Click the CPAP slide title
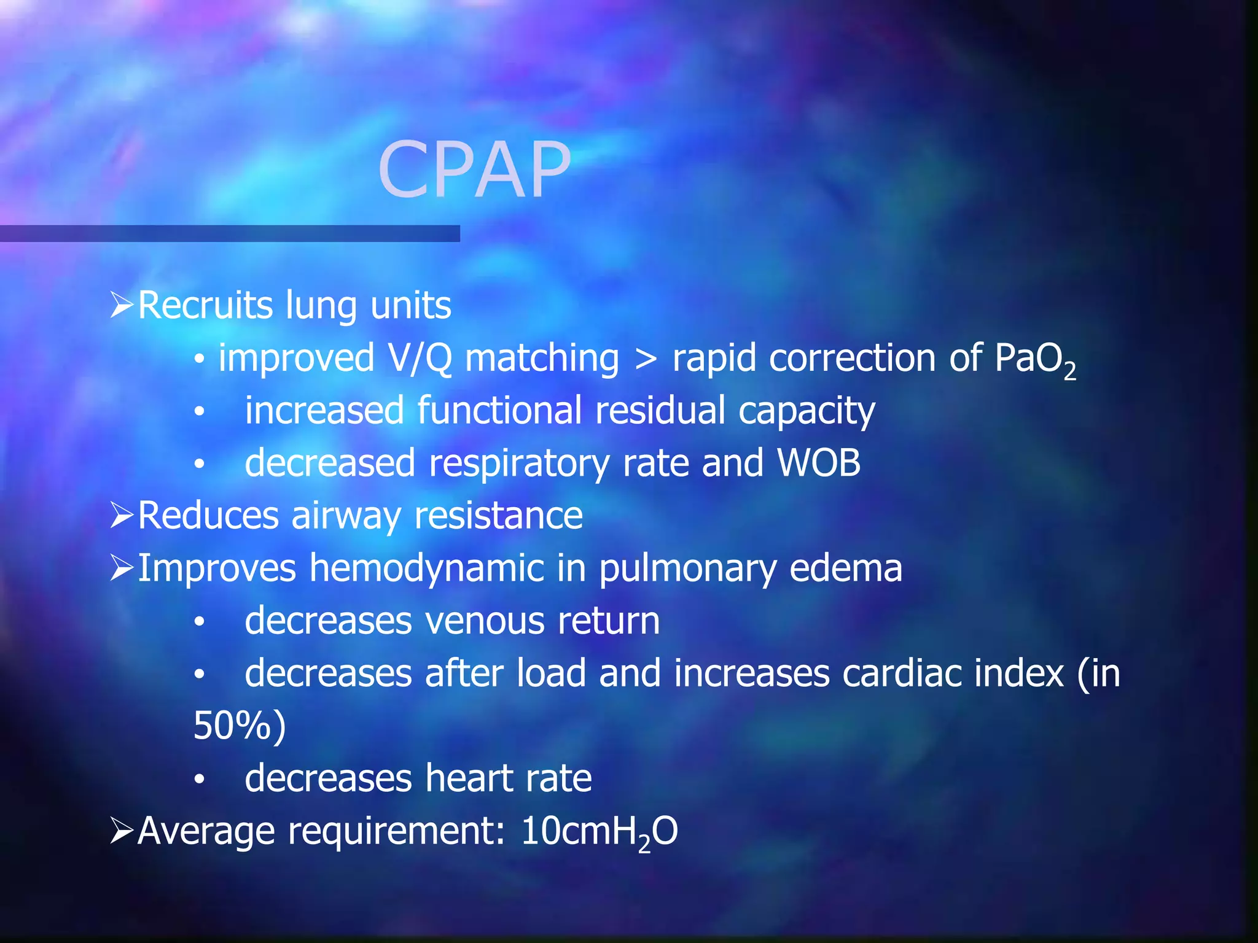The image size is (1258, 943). tap(474, 170)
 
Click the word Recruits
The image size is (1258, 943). tap(205, 305)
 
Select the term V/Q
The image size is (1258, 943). tap(420, 358)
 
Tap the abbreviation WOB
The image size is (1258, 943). tap(819, 463)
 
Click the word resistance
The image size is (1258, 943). tap(498, 515)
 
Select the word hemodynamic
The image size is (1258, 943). tap(426, 568)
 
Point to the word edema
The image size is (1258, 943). tap(845, 568)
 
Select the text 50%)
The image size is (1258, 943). tap(240, 726)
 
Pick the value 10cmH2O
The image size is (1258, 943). tap(599, 832)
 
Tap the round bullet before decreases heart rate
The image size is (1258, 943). tap(199, 779)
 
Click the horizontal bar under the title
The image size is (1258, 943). tap(230, 233)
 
